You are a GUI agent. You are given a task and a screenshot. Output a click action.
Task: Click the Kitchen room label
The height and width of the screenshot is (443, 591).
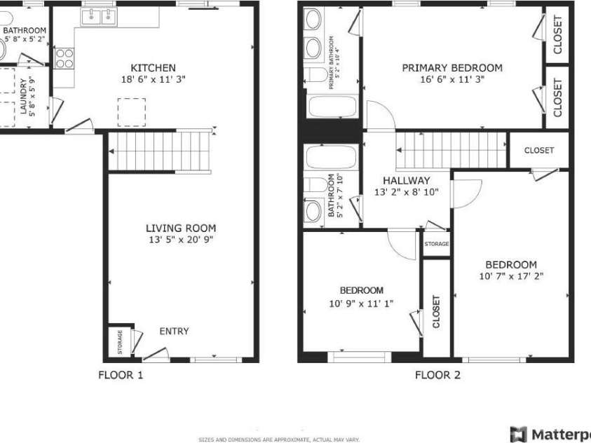click(154, 68)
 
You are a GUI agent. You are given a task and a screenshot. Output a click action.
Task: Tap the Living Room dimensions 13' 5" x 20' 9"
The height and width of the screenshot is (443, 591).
click(180, 240)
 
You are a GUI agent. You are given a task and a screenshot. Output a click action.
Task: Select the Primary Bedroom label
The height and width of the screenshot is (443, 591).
click(451, 68)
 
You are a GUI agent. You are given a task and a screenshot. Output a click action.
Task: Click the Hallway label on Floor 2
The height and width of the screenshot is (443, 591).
click(406, 180)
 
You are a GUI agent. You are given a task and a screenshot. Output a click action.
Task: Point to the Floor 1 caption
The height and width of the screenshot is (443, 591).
click(120, 375)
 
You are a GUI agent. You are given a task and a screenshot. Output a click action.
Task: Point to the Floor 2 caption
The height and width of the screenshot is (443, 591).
click(437, 375)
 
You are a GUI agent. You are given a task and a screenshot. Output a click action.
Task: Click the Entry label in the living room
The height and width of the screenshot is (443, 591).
click(174, 332)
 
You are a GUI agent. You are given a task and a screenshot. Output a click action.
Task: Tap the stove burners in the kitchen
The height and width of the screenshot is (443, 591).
click(64, 57)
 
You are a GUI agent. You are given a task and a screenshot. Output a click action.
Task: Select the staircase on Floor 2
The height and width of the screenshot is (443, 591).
click(451, 149)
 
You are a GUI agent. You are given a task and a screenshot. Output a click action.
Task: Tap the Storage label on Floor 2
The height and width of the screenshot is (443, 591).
click(436, 244)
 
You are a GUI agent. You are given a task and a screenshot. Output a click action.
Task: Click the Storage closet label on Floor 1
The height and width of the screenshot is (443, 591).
click(119, 341)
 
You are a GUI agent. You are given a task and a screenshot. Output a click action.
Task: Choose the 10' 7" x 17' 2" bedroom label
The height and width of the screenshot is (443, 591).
click(511, 265)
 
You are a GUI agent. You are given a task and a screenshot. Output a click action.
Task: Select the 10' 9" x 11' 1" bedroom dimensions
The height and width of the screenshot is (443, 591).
click(361, 304)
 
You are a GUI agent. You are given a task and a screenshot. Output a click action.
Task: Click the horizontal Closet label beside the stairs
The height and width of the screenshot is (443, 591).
click(538, 150)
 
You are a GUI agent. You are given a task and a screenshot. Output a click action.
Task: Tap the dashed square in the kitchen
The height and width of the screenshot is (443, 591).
click(131, 111)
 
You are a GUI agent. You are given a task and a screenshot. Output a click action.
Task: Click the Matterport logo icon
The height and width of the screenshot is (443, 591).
click(518, 434)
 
